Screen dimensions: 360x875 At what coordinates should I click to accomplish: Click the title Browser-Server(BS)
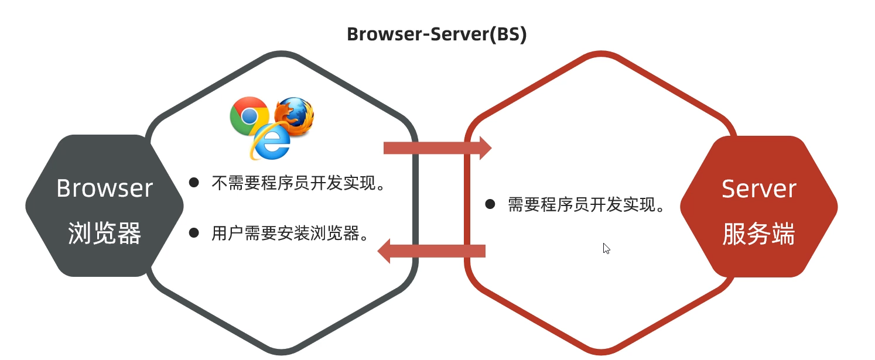[x=437, y=34]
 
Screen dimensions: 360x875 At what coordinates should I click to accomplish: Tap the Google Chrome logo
[x=249, y=116]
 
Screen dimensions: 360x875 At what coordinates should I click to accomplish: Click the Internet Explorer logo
[x=270, y=142]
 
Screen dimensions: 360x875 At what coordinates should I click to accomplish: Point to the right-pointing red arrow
[x=437, y=148]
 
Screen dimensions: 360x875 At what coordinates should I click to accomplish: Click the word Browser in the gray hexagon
[x=104, y=188]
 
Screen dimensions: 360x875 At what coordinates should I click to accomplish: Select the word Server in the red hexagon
[x=758, y=189]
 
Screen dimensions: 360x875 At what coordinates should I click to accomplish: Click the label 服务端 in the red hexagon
[x=758, y=234]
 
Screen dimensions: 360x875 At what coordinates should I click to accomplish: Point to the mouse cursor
[x=606, y=248]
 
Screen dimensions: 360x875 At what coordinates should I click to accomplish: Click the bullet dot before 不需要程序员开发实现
[x=194, y=183]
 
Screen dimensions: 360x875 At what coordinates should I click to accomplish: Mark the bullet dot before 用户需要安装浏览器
[x=194, y=233]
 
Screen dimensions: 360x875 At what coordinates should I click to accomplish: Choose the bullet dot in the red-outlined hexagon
[x=490, y=205]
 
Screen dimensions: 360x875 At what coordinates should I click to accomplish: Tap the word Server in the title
[x=459, y=34]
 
